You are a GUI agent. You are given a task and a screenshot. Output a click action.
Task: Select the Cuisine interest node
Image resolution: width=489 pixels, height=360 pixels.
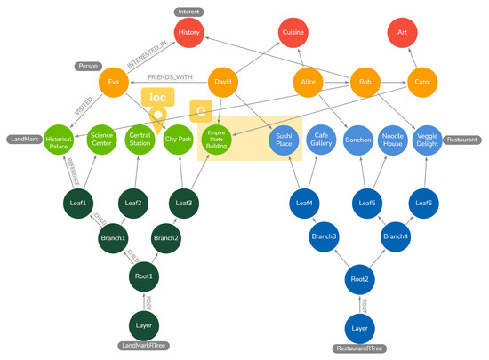(x=293, y=33)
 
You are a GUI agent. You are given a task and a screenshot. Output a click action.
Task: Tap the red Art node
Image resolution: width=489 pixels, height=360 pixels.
(x=402, y=33)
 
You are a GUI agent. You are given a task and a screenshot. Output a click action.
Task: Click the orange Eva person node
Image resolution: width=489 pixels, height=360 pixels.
(x=114, y=83)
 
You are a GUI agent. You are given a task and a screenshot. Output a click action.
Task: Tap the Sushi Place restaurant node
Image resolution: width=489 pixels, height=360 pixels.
(x=281, y=140)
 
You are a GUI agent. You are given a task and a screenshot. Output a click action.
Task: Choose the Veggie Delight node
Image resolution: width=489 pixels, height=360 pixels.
(x=421, y=140)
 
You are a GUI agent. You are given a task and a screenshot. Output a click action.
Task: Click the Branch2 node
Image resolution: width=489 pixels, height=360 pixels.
(x=166, y=239)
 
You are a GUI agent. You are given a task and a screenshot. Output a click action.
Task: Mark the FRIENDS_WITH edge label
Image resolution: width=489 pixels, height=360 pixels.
(x=171, y=77)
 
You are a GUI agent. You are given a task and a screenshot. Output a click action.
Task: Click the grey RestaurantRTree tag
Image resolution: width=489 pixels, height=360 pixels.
(x=359, y=348)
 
